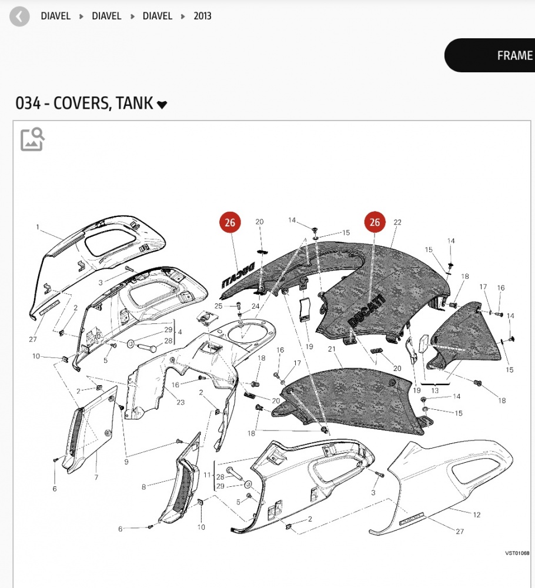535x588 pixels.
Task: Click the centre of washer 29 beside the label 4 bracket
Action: (x=131, y=343)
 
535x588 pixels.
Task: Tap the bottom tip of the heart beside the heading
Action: (x=162, y=109)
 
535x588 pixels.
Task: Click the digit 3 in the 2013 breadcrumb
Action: (x=209, y=16)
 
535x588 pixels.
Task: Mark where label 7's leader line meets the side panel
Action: (x=96, y=451)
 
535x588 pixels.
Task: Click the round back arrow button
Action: (x=19, y=16)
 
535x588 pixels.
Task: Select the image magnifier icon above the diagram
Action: (x=32, y=139)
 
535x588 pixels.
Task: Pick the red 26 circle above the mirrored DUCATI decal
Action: (x=230, y=222)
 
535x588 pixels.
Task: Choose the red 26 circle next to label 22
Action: (x=375, y=222)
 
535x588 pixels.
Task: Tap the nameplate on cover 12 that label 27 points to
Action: (x=412, y=519)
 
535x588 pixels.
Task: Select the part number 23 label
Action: (x=180, y=402)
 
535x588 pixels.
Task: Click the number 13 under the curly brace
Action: (x=434, y=390)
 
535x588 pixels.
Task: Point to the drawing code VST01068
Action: (x=517, y=553)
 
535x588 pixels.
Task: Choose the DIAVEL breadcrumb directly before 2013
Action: (x=157, y=16)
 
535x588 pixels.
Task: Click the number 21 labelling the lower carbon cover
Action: (x=332, y=349)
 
